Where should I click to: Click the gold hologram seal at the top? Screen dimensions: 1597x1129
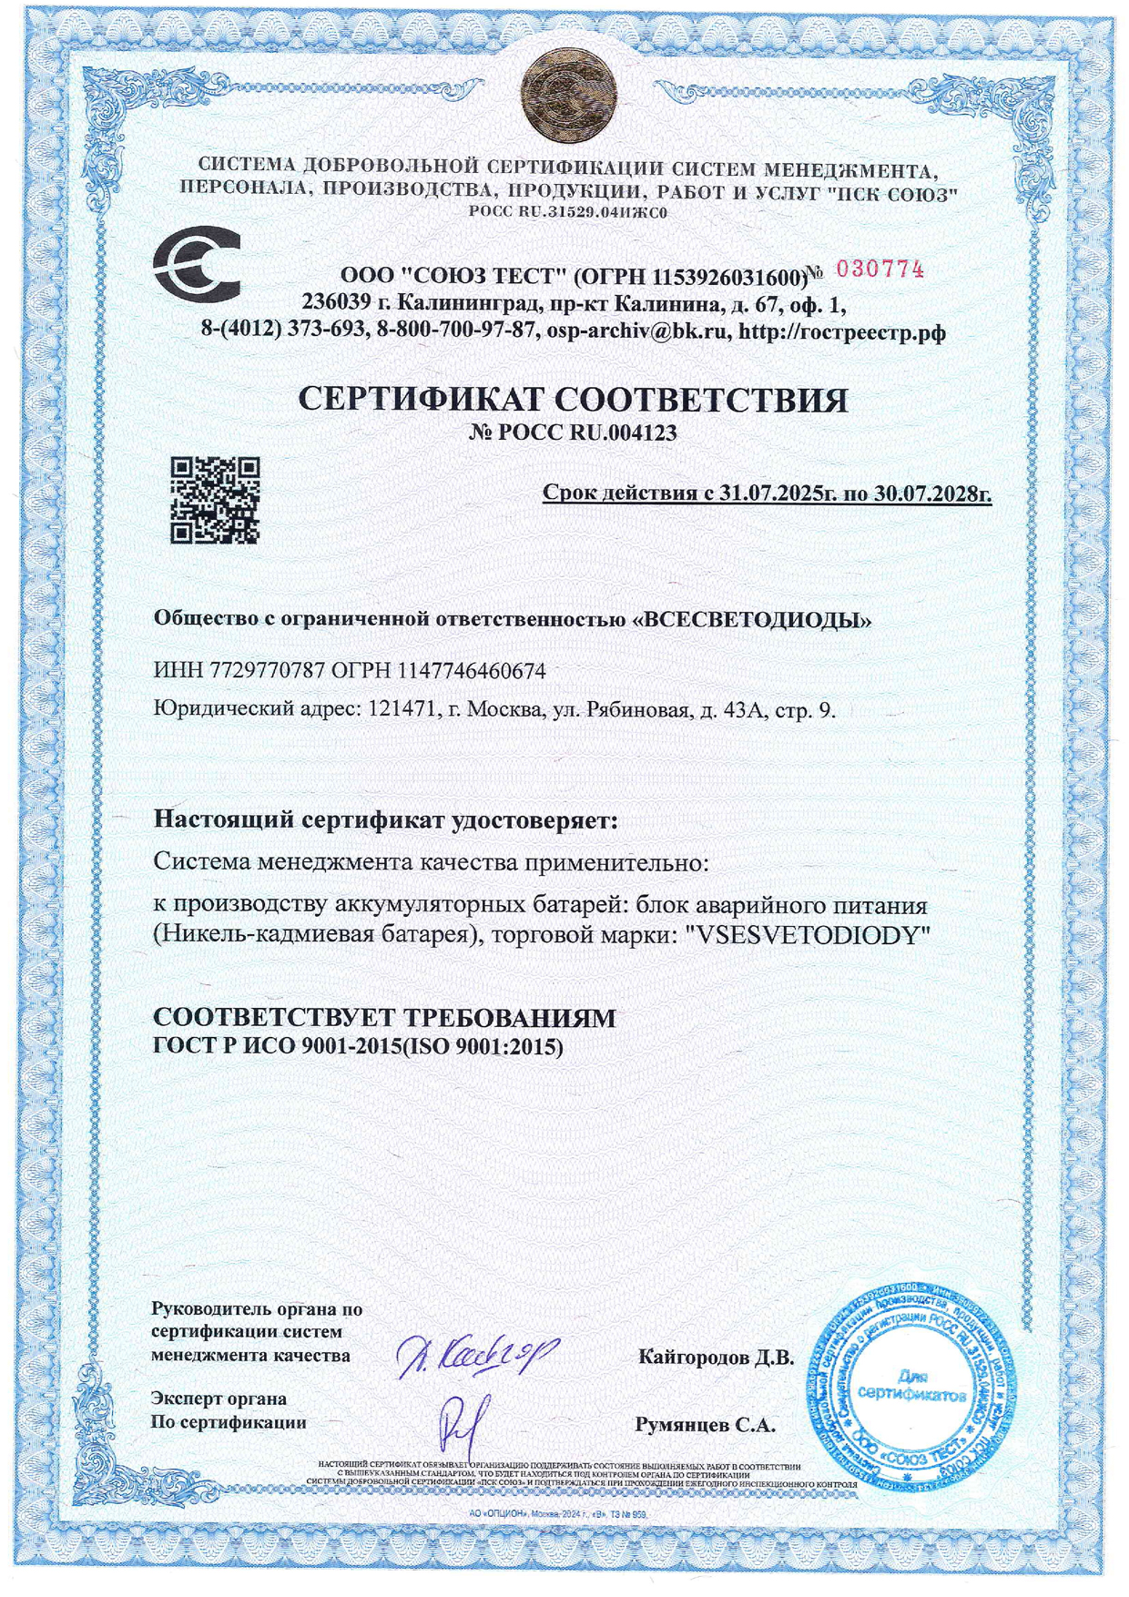click(x=569, y=95)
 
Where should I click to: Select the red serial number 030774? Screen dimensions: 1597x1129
click(x=880, y=270)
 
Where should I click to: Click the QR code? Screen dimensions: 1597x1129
click(x=216, y=500)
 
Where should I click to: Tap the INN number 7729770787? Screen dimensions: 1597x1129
click(x=268, y=672)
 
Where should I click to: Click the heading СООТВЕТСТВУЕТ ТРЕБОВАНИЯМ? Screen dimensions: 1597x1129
click(x=384, y=1018)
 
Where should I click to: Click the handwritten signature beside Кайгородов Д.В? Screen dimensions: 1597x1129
click(x=477, y=1357)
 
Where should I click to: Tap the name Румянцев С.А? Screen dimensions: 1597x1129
click(x=705, y=1426)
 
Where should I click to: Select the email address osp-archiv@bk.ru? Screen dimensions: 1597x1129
click(x=638, y=331)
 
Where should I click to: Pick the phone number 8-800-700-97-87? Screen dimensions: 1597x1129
click(x=455, y=331)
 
